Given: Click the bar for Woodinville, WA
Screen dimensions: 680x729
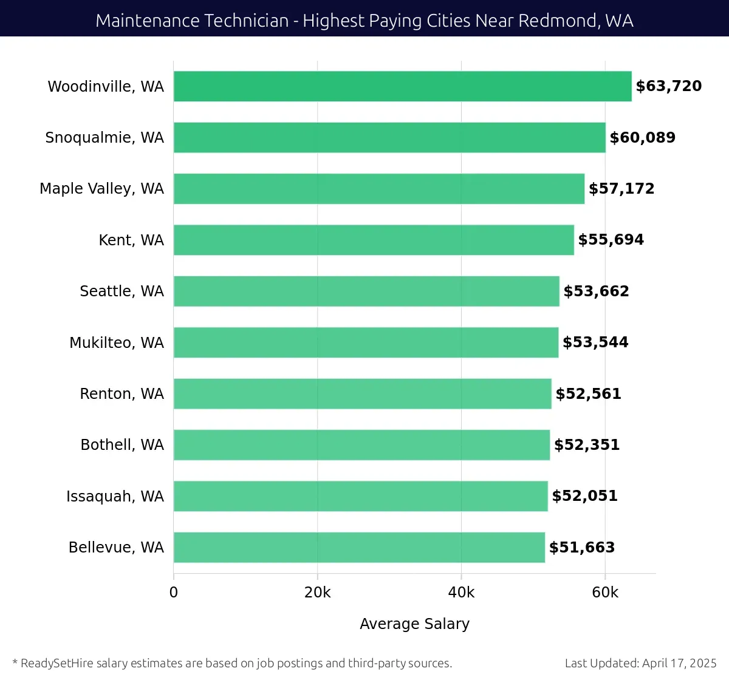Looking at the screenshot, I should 402,86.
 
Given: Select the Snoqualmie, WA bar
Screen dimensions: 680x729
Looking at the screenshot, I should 389,137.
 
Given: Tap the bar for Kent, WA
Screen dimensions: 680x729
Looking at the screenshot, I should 374,240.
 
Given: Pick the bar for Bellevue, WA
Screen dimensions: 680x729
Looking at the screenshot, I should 359,547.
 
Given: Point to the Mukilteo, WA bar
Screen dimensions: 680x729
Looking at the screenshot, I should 366,342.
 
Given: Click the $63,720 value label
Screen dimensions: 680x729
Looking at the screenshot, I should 668,86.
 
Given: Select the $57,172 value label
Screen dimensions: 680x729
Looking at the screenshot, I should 621,189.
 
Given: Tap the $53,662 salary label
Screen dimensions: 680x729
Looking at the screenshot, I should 596,291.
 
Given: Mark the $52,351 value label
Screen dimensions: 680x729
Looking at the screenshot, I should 587,445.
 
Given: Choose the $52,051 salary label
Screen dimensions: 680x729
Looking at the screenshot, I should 584,496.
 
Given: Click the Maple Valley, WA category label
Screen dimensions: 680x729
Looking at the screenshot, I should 101,189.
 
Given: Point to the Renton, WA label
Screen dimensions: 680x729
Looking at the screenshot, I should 122,394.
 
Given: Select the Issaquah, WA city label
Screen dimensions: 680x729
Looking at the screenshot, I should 115,497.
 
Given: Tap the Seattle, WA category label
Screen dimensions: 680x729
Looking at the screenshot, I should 122,291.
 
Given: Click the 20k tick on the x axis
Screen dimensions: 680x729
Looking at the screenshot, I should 317,593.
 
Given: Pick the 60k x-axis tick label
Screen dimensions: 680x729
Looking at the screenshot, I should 605,593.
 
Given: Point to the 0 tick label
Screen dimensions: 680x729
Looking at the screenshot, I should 174,593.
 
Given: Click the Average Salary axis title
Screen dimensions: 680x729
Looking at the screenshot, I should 414,624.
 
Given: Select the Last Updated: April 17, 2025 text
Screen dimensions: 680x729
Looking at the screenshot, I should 640,663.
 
